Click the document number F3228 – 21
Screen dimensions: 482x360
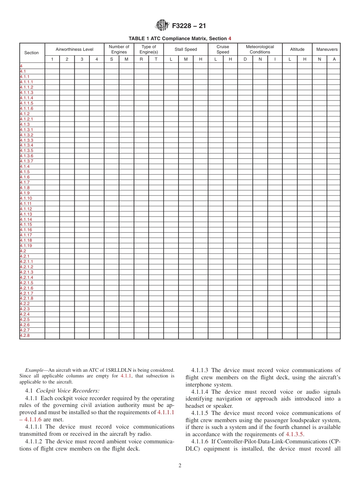[189, 26]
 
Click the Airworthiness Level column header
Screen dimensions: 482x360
[74, 49]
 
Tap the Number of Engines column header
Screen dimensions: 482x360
[119, 49]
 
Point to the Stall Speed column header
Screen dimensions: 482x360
[186, 49]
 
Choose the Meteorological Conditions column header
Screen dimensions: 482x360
[260, 49]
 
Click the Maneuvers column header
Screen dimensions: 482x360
[327, 49]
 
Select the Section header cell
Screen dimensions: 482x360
[31, 53]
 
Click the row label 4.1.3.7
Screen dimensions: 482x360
[27, 161]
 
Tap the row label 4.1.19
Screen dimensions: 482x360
[26, 246]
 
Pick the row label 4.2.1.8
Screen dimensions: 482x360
[27, 299]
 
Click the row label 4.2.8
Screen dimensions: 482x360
[25, 336]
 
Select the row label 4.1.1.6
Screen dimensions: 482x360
[27, 109]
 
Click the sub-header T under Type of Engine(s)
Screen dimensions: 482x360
[156, 59]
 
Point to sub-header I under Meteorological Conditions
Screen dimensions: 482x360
[275, 59]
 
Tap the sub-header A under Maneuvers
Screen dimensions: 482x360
[334, 59]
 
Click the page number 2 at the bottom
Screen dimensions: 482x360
[180, 466]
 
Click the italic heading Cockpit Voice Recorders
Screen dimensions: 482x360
[67, 391]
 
